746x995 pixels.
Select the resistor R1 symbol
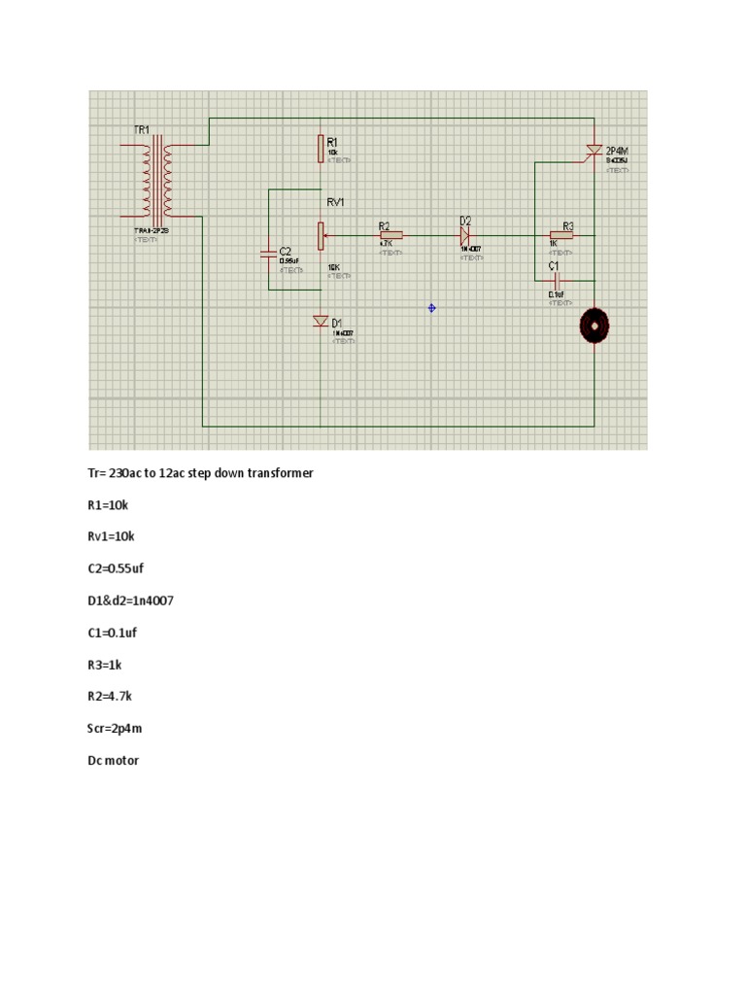(320, 149)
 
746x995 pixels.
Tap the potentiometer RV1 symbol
(320, 234)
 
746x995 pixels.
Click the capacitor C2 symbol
(269, 255)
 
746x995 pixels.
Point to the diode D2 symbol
(465, 234)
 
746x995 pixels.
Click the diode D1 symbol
(320, 321)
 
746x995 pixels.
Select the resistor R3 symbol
(561, 234)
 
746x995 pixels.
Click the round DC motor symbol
(593, 326)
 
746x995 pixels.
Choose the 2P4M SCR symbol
(593, 151)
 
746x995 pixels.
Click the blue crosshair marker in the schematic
(432, 308)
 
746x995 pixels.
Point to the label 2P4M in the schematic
(617, 152)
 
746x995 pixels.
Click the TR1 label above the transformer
(142, 129)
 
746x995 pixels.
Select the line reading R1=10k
(112, 505)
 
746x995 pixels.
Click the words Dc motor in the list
(114, 760)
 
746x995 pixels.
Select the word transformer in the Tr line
(280, 473)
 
